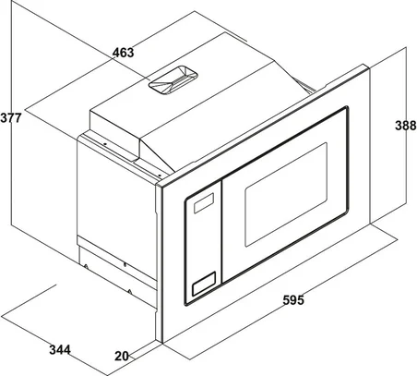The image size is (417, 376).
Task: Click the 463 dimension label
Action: (123, 53)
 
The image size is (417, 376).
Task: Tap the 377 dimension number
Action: (11, 118)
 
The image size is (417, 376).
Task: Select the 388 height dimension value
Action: (406, 126)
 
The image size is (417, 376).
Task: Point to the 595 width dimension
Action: (293, 300)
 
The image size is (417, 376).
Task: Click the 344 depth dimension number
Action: (60, 350)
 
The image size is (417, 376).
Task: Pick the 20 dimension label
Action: (122, 356)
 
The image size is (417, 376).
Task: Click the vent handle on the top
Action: (173, 79)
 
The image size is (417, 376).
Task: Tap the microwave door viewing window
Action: (286, 194)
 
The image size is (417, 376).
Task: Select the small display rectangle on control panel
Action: (204, 203)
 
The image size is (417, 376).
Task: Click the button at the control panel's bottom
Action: (204, 284)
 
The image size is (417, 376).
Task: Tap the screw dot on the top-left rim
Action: (104, 143)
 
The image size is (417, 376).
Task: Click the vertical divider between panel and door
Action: (222, 231)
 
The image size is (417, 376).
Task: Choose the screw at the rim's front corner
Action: (160, 176)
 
